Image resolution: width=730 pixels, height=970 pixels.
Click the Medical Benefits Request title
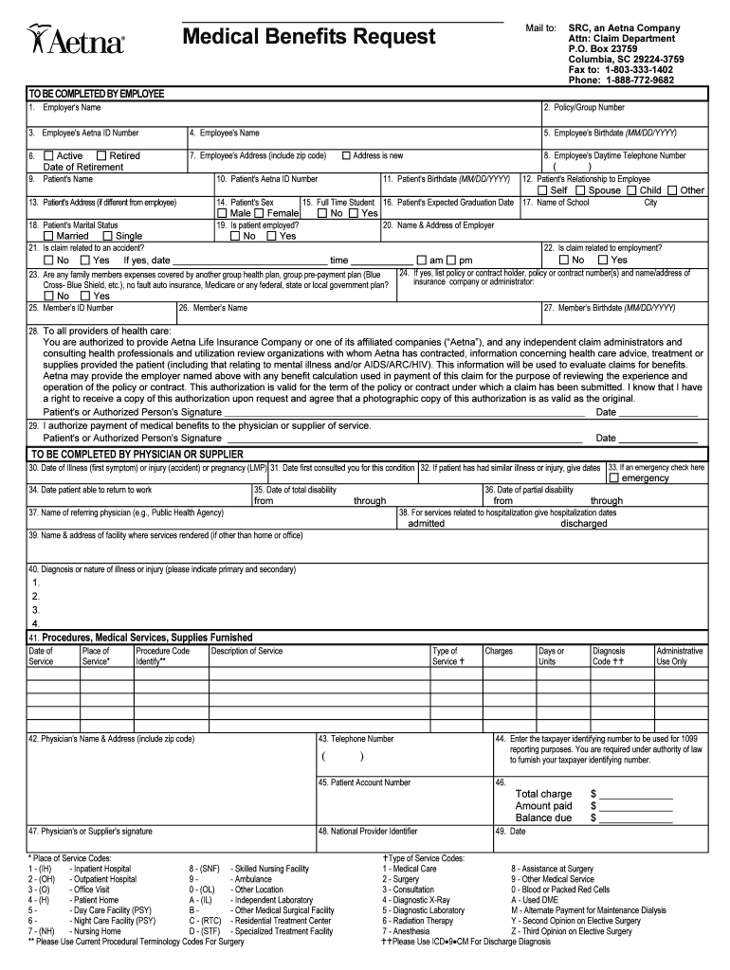(x=309, y=38)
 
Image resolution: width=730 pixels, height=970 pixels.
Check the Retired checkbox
(x=101, y=155)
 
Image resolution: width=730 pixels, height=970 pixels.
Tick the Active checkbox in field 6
(x=48, y=155)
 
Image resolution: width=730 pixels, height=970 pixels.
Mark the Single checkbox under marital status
(x=107, y=236)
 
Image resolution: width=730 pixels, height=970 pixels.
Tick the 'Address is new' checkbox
(x=346, y=155)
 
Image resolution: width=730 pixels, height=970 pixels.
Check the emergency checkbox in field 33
(x=613, y=477)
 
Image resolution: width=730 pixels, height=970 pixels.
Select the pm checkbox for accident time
(x=451, y=260)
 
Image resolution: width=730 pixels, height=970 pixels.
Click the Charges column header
(x=499, y=651)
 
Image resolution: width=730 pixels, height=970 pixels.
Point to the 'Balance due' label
(x=543, y=817)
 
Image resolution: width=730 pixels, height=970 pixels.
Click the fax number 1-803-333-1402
(x=621, y=70)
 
